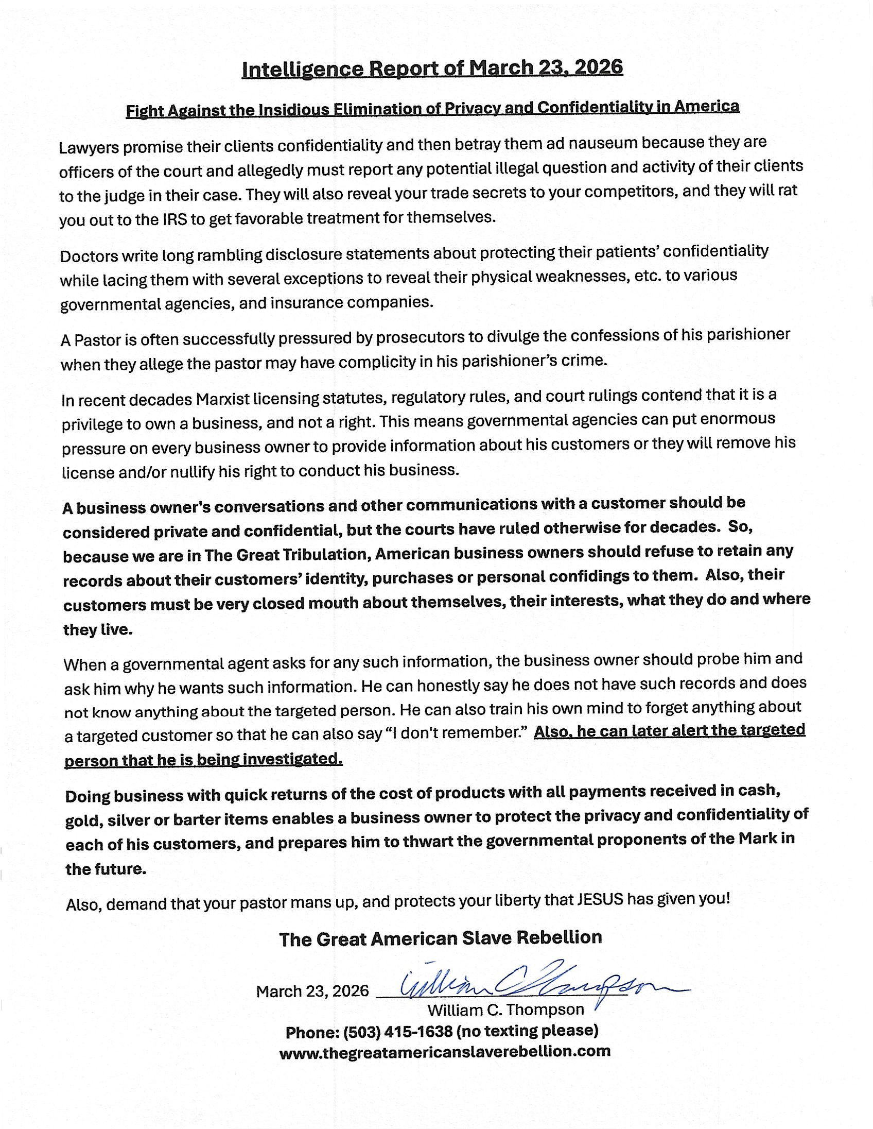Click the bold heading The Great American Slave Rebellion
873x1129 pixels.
point(440,938)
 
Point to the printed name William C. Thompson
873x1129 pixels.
point(505,1009)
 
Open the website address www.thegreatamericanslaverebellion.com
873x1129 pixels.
point(444,1051)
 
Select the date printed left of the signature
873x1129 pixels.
point(312,991)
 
